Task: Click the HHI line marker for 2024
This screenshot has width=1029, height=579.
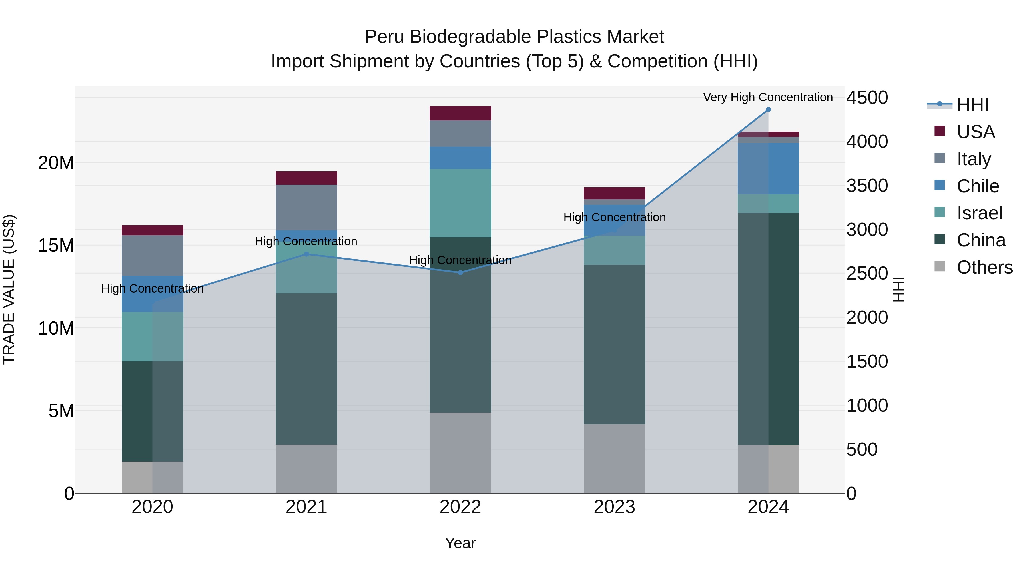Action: [768, 110]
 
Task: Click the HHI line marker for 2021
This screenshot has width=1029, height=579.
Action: [306, 254]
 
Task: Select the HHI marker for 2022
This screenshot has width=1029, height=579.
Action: [460, 272]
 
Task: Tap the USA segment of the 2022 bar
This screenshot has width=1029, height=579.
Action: [460, 113]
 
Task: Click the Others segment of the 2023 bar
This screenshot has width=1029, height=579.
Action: [614, 458]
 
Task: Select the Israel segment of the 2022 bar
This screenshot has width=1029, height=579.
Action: [460, 203]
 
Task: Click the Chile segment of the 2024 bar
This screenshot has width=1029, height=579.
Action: [768, 169]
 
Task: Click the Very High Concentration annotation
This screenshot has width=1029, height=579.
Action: [768, 97]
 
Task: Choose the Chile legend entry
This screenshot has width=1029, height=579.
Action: [978, 186]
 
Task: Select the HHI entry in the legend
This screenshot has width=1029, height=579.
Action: [972, 105]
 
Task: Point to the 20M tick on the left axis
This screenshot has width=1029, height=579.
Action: [56, 163]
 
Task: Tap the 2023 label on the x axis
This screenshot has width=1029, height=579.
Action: [614, 507]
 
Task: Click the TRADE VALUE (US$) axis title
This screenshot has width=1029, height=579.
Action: [9, 289]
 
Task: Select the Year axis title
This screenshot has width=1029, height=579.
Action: [460, 543]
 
